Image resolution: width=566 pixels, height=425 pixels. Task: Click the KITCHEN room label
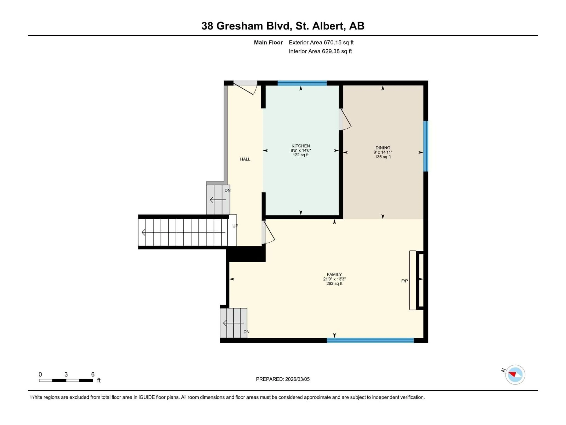pyautogui.click(x=301, y=146)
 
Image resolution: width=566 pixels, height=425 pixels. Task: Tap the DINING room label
pyautogui.click(x=383, y=148)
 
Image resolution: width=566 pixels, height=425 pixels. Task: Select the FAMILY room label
pyautogui.click(x=334, y=274)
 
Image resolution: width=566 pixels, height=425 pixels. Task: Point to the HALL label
pyautogui.click(x=245, y=159)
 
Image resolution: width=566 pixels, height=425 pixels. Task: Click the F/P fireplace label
pyautogui.click(x=404, y=281)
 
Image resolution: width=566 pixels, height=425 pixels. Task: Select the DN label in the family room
pyautogui.click(x=246, y=332)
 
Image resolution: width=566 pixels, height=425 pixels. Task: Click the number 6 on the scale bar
pyautogui.click(x=93, y=374)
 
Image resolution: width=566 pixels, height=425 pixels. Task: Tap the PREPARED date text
pyautogui.click(x=283, y=379)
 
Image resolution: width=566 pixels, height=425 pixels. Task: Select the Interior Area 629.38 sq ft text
pyautogui.click(x=320, y=51)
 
